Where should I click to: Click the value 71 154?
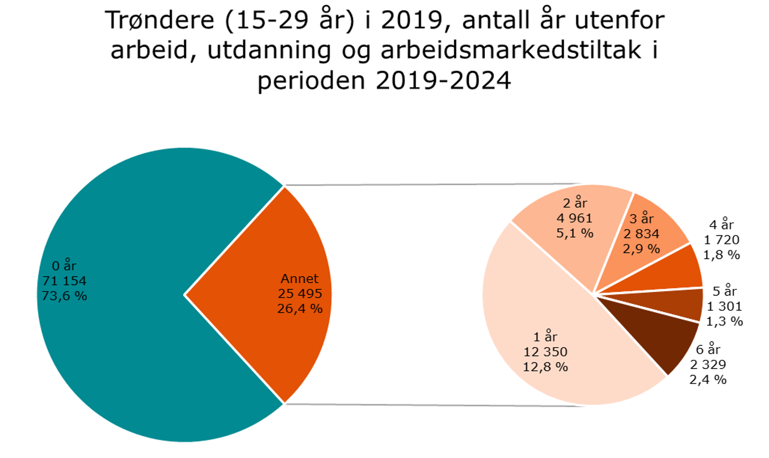(x=64, y=281)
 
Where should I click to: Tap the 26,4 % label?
(x=300, y=309)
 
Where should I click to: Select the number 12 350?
(x=545, y=351)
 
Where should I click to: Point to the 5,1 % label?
(x=575, y=233)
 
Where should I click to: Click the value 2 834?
(x=641, y=234)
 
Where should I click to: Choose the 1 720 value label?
(x=721, y=240)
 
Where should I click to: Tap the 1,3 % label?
(x=724, y=322)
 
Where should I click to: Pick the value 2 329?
(x=708, y=365)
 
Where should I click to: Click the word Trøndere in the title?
(x=160, y=20)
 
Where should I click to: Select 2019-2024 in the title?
(x=443, y=80)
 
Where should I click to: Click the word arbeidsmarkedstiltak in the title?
(x=511, y=50)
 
